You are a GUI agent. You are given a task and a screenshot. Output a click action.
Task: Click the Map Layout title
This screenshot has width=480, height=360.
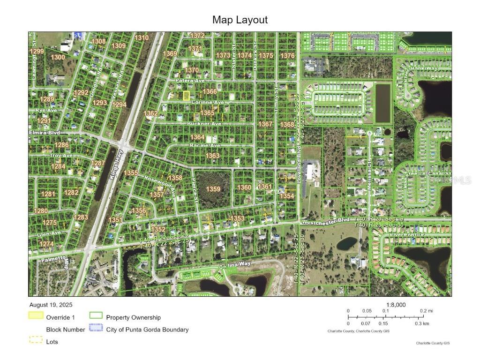click(240, 20)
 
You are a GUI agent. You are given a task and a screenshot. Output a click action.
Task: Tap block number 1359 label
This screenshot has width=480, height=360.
click(213, 189)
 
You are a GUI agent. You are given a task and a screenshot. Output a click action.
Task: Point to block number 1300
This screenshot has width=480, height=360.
click(58, 57)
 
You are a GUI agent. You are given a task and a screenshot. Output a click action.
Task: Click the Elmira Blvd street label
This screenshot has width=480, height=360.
click(44, 133)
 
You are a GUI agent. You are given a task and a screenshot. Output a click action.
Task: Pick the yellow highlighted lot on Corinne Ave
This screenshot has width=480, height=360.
click(186, 95)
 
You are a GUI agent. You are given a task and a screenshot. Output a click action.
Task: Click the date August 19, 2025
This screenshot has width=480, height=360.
click(51, 305)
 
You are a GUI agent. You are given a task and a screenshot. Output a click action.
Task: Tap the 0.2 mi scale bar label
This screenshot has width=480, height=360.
click(426, 311)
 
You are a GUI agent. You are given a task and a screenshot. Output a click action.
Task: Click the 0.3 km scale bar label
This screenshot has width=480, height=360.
click(422, 323)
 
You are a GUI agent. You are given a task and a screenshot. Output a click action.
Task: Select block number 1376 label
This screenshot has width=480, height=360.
click(287, 56)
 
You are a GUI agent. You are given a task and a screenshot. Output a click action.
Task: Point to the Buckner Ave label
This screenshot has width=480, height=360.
click(204, 124)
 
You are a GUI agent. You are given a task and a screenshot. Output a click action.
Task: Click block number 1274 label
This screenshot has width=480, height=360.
click(46, 244)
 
